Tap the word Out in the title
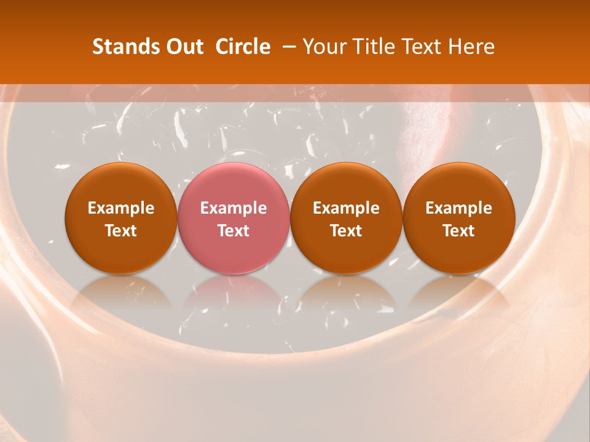(183, 47)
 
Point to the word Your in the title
(323, 47)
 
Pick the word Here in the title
(471, 47)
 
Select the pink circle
(234, 218)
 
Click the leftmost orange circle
(121, 218)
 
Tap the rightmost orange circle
(458, 218)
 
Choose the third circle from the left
(346, 218)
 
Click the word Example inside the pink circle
(234, 208)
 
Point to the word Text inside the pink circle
(234, 231)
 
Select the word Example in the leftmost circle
(121, 208)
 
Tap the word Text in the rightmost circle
(458, 231)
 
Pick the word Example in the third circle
(346, 208)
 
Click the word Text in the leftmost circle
(121, 231)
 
